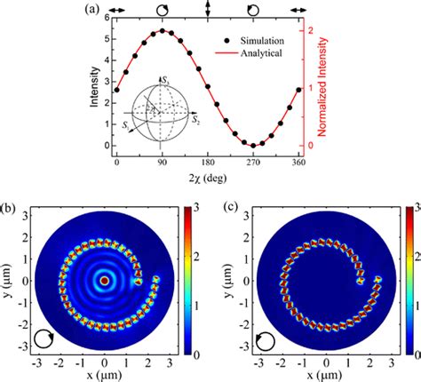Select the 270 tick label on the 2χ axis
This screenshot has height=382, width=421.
pos(254,163)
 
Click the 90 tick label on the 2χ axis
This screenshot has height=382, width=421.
pos(163,163)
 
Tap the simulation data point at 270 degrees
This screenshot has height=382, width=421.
pos(254,145)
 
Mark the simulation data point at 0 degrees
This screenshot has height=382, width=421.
pos(117,89)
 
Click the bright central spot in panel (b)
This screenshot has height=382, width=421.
pos(105,280)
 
